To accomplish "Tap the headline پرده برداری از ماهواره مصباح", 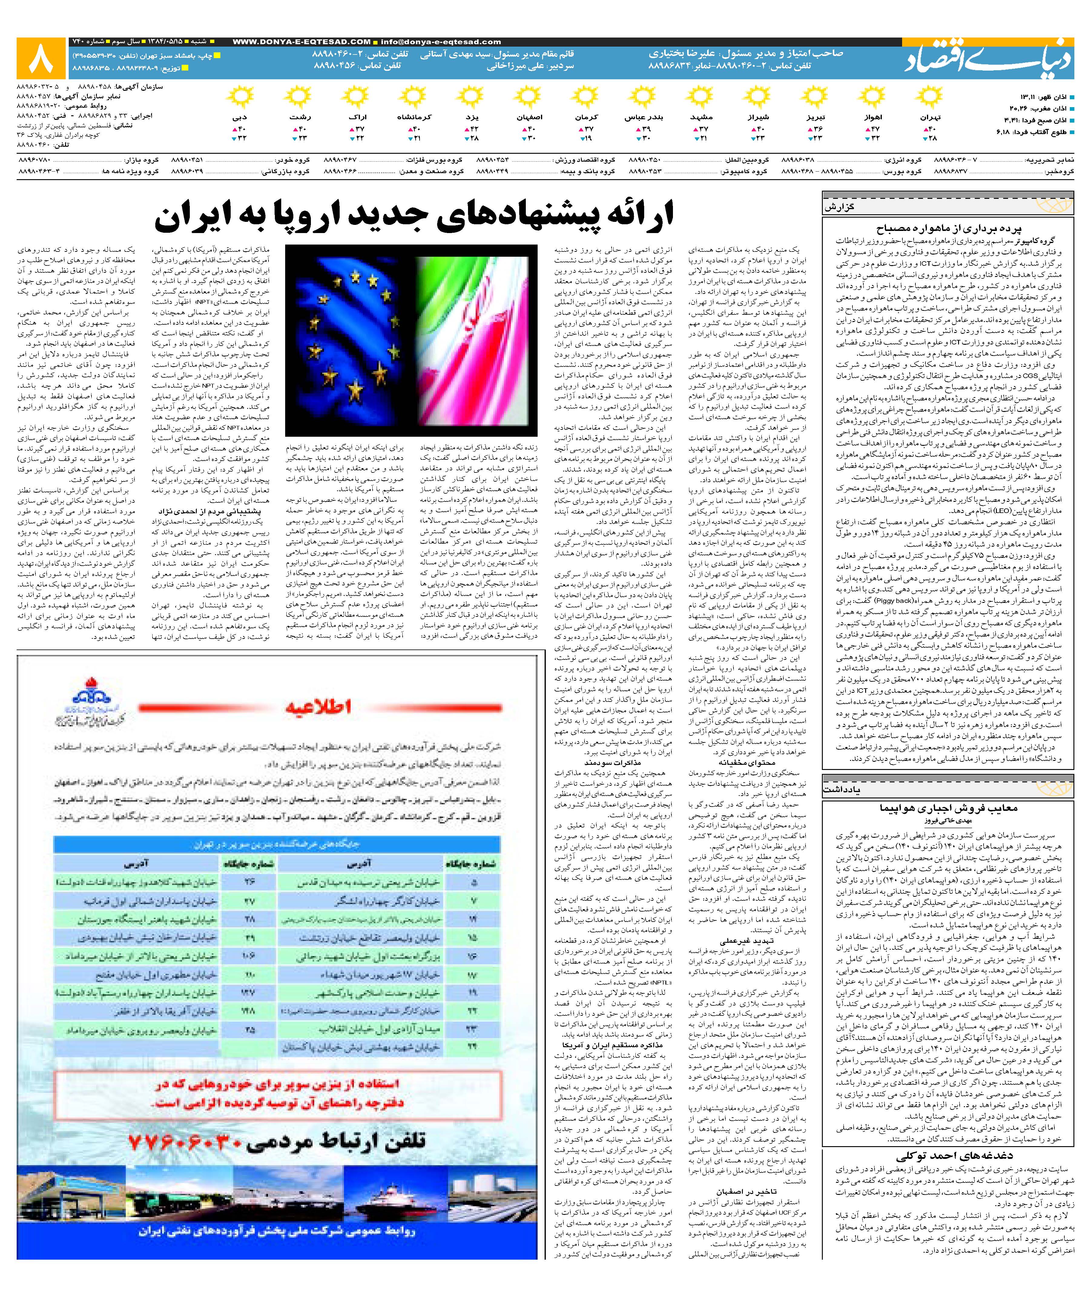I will (x=949, y=228).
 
